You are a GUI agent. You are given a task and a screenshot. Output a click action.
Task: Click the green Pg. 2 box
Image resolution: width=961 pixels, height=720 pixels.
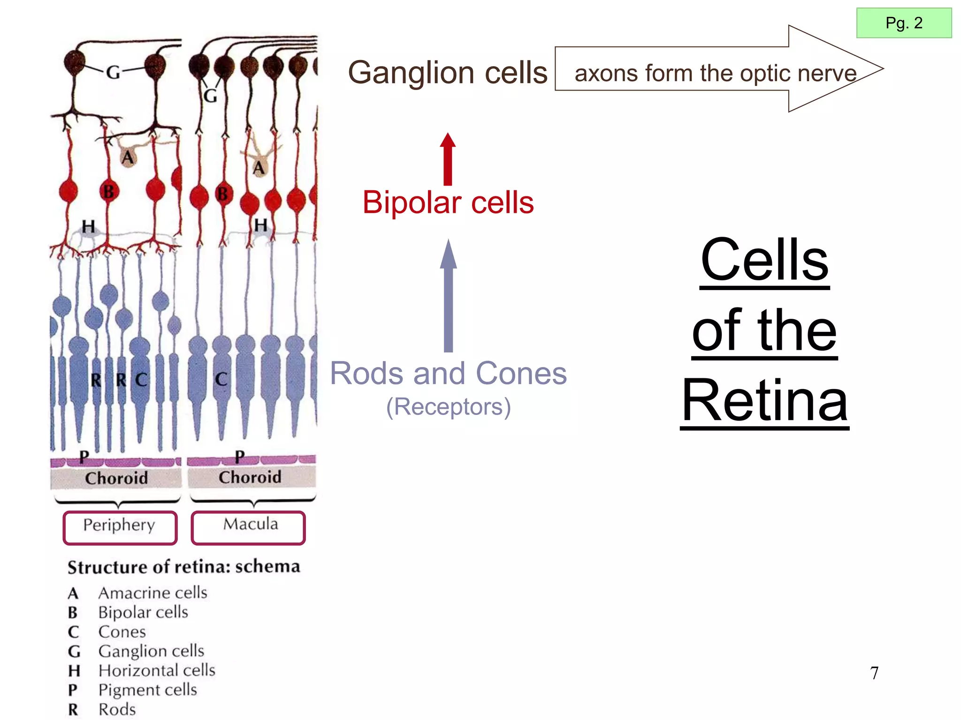click(904, 23)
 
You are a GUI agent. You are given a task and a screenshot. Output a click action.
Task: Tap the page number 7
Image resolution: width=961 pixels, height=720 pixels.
click(874, 673)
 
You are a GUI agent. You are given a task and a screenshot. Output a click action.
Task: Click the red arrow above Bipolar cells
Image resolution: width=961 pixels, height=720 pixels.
click(448, 159)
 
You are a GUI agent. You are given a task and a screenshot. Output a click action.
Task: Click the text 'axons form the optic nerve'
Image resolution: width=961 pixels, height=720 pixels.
click(715, 73)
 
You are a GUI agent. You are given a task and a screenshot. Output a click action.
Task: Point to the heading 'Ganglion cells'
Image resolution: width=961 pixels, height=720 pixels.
click(448, 73)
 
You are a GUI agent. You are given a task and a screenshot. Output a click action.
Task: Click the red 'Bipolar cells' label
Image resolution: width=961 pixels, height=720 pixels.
click(448, 202)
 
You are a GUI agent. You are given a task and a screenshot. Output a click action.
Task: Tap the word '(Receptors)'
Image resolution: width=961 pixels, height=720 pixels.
click(448, 406)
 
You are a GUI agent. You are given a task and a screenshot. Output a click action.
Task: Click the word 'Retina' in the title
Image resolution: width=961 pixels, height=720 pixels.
click(764, 401)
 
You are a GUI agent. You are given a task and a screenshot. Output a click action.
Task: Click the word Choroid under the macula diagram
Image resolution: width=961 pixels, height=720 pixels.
click(250, 477)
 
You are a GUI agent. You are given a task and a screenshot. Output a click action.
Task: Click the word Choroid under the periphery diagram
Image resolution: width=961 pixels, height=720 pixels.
click(116, 478)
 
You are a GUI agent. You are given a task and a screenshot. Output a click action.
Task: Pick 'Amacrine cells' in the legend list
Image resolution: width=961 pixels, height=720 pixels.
click(153, 592)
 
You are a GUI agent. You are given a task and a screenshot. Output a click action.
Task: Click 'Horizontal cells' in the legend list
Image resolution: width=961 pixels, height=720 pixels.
click(157, 670)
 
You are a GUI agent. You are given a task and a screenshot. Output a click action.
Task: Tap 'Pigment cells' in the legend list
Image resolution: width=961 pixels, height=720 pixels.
click(147, 690)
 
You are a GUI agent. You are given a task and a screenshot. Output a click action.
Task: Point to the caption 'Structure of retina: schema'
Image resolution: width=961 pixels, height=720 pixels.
click(183, 566)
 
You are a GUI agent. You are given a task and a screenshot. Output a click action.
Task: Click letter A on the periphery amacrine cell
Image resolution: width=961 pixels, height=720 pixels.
click(128, 157)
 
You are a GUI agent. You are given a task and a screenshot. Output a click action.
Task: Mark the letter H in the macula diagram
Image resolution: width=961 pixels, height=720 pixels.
click(260, 225)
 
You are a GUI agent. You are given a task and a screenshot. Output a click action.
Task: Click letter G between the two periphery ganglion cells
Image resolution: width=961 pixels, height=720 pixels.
click(113, 72)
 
